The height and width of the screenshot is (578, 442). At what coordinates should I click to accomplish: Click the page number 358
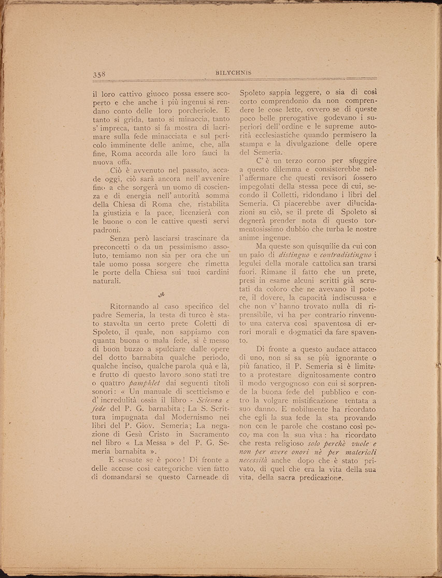(98, 74)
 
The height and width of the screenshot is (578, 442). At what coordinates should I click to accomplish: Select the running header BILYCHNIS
(233, 73)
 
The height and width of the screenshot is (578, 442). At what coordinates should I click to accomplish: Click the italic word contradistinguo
(341, 255)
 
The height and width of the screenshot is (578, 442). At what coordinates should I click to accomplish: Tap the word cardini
(212, 271)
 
